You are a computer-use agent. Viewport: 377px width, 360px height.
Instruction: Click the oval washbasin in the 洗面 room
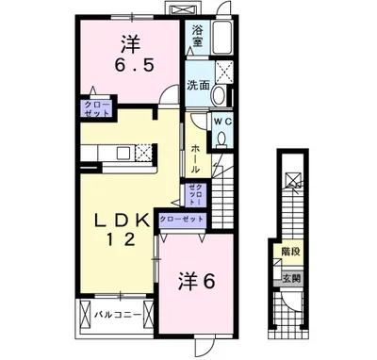point(218,95)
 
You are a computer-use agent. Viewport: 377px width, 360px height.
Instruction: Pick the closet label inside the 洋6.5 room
point(97,107)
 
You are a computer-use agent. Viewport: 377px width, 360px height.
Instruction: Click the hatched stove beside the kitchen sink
point(142,152)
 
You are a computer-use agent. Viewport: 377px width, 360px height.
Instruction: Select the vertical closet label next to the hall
point(193,196)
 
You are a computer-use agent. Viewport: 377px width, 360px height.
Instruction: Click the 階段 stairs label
point(290,251)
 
